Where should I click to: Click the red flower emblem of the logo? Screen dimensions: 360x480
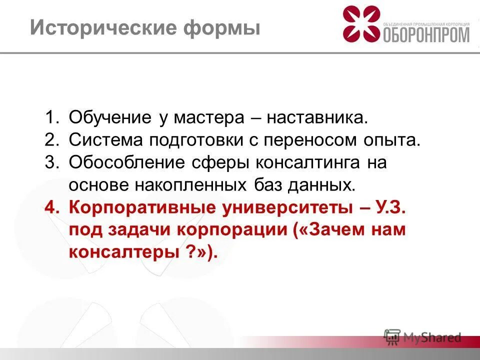[361, 24]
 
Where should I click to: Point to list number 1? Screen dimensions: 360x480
[52, 118]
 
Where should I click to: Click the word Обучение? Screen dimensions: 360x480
[110, 118]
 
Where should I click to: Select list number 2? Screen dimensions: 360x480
[52, 140]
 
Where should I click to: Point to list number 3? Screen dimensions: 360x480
[52, 162]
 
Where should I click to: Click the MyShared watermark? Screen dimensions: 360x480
[422, 337]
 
